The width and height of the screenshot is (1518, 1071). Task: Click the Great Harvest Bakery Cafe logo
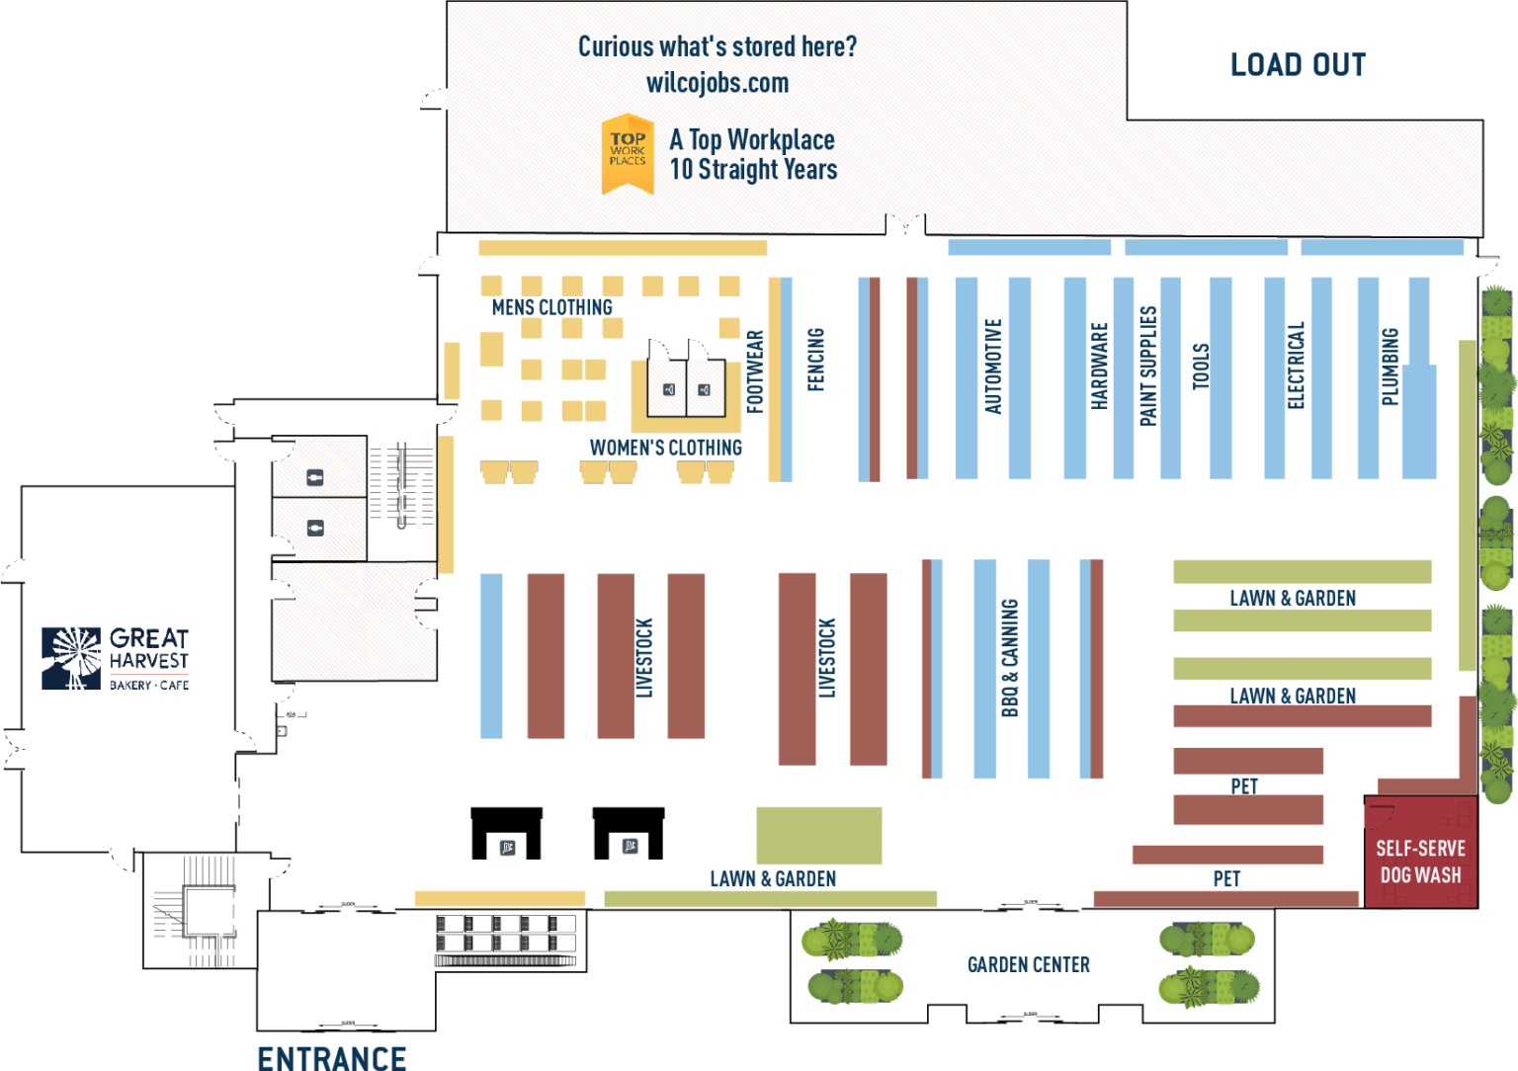click(x=116, y=658)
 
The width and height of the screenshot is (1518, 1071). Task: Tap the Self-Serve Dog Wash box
click(x=1420, y=862)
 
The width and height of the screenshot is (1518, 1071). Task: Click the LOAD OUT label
click(x=1298, y=65)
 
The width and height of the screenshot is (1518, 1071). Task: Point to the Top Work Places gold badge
click(x=628, y=152)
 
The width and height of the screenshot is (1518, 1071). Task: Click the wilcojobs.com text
click(x=717, y=83)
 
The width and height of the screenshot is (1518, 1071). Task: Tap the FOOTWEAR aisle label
click(x=755, y=371)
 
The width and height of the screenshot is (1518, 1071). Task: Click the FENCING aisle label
click(x=816, y=360)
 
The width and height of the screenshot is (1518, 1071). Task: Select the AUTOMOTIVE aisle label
click(x=993, y=366)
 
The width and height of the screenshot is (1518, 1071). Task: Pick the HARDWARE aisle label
click(x=1100, y=366)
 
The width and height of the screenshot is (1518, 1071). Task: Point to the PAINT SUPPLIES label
click(x=1147, y=366)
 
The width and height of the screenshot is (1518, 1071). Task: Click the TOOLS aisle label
click(x=1201, y=366)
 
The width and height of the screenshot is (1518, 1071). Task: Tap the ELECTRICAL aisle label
click(x=1297, y=366)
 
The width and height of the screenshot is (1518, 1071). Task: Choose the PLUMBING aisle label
click(x=1390, y=367)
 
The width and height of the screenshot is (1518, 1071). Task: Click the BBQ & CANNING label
click(x=1009, y=658)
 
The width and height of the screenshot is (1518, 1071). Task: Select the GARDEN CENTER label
click(x=1029, y=965)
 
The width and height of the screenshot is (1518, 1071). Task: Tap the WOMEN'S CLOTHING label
click(x=665, y=448)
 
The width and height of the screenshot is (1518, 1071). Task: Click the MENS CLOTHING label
click(x=551, y=307)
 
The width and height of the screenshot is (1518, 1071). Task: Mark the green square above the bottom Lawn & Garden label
click(x=819, y=835)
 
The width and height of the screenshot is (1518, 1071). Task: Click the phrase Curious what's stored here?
click(x=717, y=46)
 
